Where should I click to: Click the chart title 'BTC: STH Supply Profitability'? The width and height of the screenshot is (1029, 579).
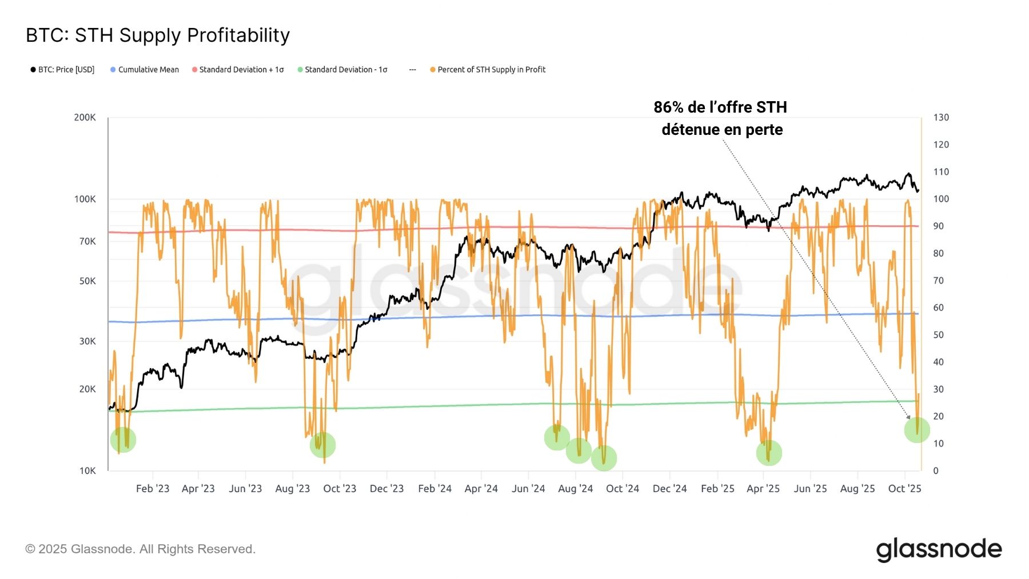(158, 35)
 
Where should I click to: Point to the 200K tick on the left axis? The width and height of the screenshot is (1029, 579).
(85, 118)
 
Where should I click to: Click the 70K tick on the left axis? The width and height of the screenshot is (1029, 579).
(87, 241)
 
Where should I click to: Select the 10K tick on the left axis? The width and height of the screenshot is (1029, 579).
(87, 471)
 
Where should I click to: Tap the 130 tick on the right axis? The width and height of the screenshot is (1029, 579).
(941, 118)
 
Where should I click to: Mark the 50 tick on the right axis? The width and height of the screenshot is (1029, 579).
(938, 335)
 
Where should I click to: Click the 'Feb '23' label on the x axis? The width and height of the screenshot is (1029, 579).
(153, 489)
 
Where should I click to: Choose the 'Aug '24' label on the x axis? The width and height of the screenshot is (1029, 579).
(575, 489)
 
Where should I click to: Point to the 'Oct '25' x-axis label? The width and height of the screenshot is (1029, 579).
(904, 489)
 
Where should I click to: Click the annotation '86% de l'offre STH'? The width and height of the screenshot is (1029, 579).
(720, 107)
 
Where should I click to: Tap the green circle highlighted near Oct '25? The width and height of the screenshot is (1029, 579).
(917, 430)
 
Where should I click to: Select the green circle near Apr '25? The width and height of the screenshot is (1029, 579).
(769, 453)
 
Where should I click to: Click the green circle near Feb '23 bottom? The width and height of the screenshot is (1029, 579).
(123, 440)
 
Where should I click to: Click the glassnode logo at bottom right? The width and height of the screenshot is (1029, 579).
(939, 549)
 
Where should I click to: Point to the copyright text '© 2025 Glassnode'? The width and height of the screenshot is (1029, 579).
(140, 549)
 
